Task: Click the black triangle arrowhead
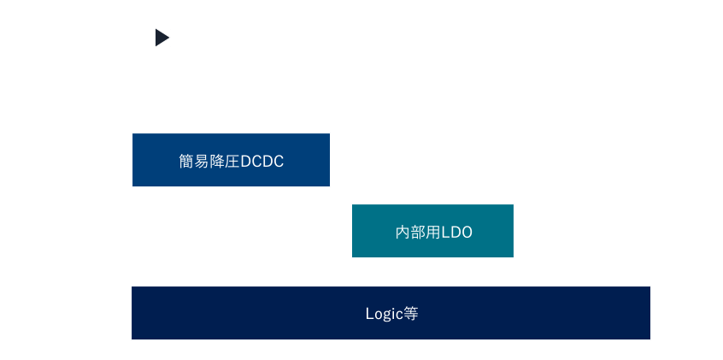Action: click(162, 38)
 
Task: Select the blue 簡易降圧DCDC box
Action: click(231, 160)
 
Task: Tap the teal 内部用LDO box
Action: click(432, 231)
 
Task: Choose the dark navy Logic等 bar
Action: click(391, 313)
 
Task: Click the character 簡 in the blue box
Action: click(186, 161)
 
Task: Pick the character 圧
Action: click(232, 161)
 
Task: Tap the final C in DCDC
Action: click(279, 162)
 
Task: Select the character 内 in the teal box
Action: click(403, 232)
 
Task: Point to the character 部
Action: click(418, 232)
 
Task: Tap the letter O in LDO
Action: click(466, 233)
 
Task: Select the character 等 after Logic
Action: click(410, 314)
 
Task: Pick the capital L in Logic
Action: click(370, 314)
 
